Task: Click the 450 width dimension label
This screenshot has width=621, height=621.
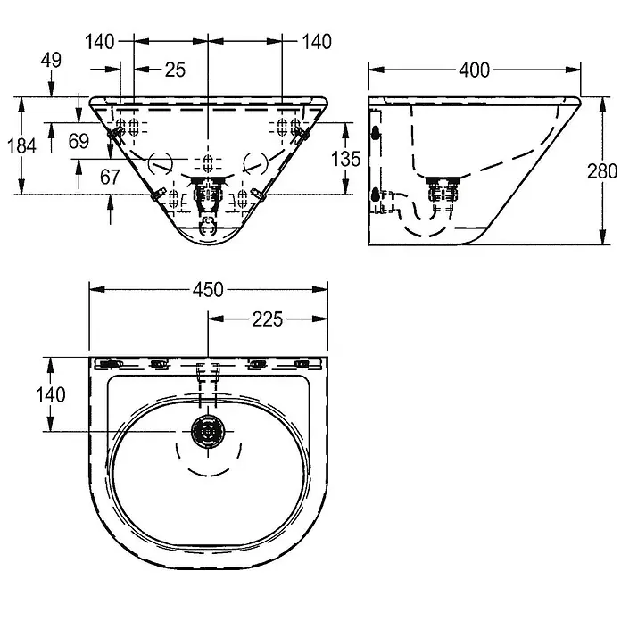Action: point(208,290)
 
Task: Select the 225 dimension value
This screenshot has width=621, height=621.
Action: point(268,319)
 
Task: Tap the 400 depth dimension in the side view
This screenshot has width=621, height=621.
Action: point(474,70)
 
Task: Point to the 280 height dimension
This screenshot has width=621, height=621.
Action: point(602,171)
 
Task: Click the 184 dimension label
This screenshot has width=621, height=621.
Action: point(21,145)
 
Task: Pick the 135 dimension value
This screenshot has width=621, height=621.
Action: point(346,159)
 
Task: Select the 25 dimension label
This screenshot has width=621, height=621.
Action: point(175,70)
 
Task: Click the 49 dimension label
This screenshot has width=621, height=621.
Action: point(52,60)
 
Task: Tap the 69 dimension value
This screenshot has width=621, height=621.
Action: point(79,141)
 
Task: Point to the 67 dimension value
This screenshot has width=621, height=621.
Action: point(110,177)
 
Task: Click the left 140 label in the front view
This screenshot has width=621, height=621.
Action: point(100,42)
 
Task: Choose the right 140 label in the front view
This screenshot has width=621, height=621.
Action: point(317,42)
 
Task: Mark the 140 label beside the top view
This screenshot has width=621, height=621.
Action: point(51,394)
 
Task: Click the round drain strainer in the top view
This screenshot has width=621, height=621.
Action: point(208,431)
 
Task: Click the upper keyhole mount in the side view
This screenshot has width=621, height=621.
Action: point(376,133)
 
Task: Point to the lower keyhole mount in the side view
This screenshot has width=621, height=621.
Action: point(376,195)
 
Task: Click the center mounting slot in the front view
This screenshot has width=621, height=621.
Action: point(208,162)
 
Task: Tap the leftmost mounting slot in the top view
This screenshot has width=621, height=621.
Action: point(110,363)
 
